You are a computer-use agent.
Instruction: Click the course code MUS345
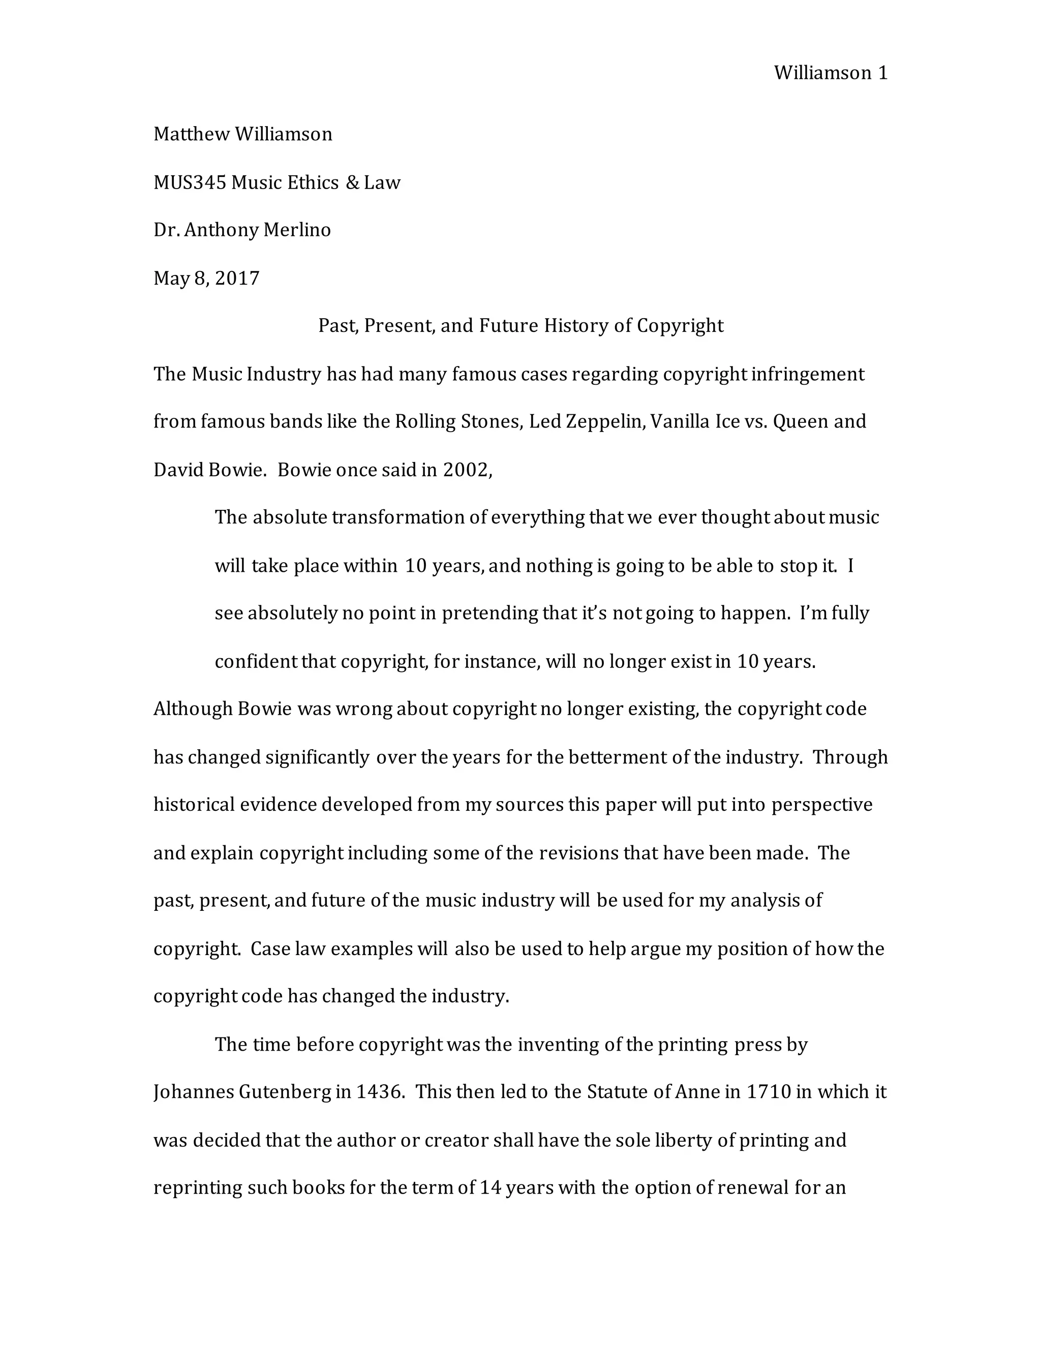point(190,182)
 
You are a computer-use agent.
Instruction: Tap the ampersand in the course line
point(353,182)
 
